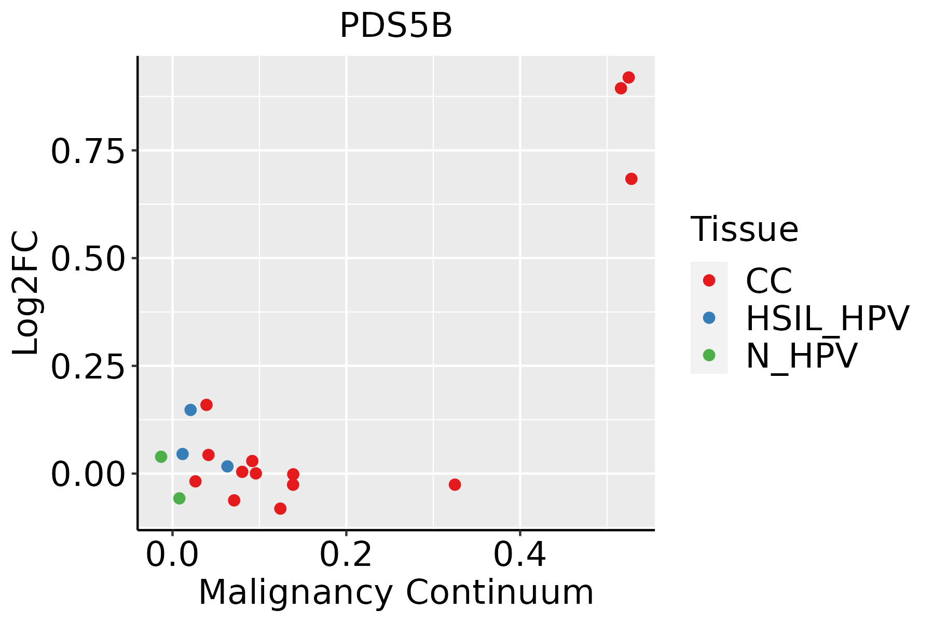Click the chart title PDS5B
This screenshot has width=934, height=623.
click(396, 26)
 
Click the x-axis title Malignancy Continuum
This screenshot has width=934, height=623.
click(396, 592)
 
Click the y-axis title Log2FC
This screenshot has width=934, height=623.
click(26, 293)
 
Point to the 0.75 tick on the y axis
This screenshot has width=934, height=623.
click(88, 151)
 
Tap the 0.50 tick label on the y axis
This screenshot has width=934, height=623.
click(88, 259)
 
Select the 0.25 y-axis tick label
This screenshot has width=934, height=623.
click(88, 367)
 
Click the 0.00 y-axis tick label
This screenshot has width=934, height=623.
click(88, 474)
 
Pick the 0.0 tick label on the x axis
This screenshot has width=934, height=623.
click(172, 554)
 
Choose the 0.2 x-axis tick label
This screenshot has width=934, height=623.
click(346, 554)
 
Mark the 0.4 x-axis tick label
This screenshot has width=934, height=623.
click(519, 554)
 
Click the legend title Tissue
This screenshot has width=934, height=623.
click(744, 229)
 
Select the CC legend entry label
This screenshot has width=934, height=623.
click(768, 281)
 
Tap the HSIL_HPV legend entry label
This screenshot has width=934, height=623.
click(827, 318)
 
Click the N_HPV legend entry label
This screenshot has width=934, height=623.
click(801, 356)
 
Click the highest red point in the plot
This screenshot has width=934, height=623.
click(628, 78)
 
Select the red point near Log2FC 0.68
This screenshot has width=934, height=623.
click(631, 179)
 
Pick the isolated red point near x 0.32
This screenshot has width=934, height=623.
click(455, 484)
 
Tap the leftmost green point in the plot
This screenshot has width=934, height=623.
click(161, 457)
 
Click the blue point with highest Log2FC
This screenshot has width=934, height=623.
click(190, 410)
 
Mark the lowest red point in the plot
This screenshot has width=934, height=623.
click(280, 508)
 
